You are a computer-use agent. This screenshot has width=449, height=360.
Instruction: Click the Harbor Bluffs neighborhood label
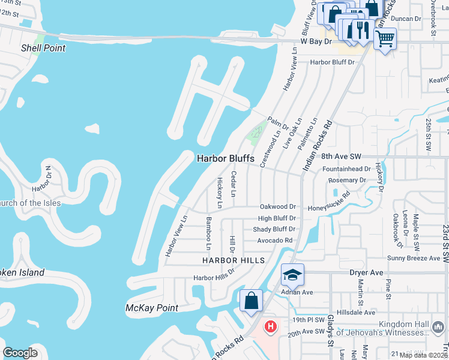coord(226,158)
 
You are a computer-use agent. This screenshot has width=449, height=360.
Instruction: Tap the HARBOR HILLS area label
coord(233,260)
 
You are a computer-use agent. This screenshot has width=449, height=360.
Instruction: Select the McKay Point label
coord(152,308)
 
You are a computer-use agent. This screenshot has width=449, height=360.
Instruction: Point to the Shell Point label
coord(43,48)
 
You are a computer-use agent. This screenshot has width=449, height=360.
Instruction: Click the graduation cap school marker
coord(292,275)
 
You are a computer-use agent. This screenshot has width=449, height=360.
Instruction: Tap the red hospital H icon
coord(271,327)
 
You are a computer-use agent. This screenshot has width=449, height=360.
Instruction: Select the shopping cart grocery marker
coord(385,39)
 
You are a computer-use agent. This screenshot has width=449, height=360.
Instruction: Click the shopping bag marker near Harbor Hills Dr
coord(251,301)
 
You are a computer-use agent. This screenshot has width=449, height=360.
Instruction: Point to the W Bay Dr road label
coord(316,41)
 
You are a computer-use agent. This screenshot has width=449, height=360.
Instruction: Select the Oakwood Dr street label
coord(277,206)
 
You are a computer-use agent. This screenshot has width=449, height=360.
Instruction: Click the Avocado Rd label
coord(275,241)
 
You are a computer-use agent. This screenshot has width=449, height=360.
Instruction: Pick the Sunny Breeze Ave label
coord(414,258)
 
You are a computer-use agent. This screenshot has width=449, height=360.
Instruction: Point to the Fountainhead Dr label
coord(351,169)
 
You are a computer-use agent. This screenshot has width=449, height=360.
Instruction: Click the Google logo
coord(20,353)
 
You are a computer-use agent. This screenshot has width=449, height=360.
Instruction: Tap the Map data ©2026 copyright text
coord(424,355)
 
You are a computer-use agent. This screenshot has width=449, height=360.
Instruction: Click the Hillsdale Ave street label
coord(357,312)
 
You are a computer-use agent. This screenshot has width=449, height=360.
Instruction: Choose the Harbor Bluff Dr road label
coord(333,62)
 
